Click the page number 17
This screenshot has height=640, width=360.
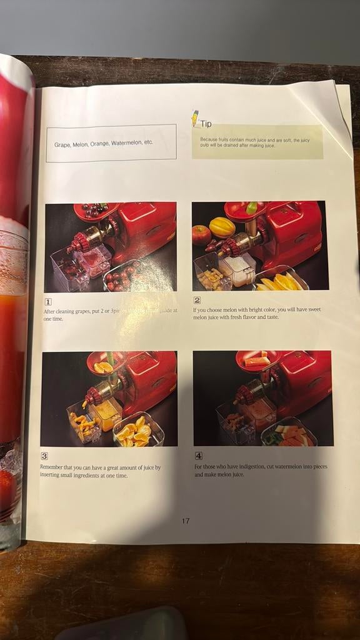(x=186, y=521)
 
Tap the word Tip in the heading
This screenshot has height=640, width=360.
(x=206, y=124)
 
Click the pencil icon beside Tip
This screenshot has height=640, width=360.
(x=194, y=117)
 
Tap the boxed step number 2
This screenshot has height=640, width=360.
(x=197, y=300)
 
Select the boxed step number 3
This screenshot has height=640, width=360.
(x=44, y=456)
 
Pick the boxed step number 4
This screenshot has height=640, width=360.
(x=198, y=456)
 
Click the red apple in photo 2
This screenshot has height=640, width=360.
(x=201, y=235)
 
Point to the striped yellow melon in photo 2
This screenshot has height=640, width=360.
(x=222, y=226)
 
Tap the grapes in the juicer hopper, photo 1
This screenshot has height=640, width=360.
(x=94, y=211)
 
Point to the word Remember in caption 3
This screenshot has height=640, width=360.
(x=54, y=467)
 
